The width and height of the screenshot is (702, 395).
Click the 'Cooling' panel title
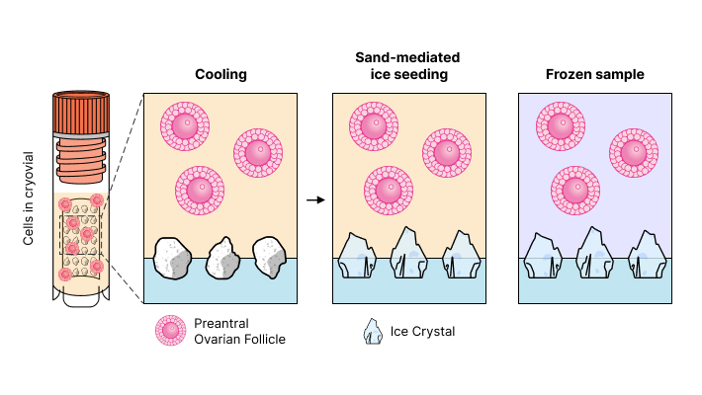click(x=220, y=74)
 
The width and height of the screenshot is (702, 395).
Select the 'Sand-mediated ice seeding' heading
click(x=407, y=66)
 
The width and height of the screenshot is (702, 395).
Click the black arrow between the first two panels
click(x=315, y=199)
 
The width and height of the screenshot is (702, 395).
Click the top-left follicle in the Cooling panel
click(x=184, y=125)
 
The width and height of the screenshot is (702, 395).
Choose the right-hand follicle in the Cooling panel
click(x=258, y=153)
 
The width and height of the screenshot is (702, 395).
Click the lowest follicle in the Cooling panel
click(x=200, y=190)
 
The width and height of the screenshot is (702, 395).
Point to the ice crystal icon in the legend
click(x=374, y=333)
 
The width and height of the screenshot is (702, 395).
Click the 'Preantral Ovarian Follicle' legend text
click(x=239, y=332)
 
